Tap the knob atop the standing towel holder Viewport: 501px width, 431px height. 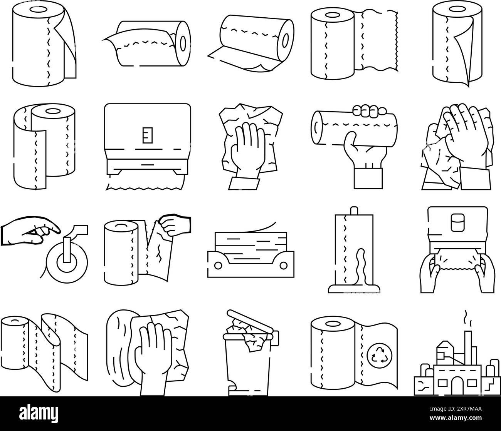[353, 210]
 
